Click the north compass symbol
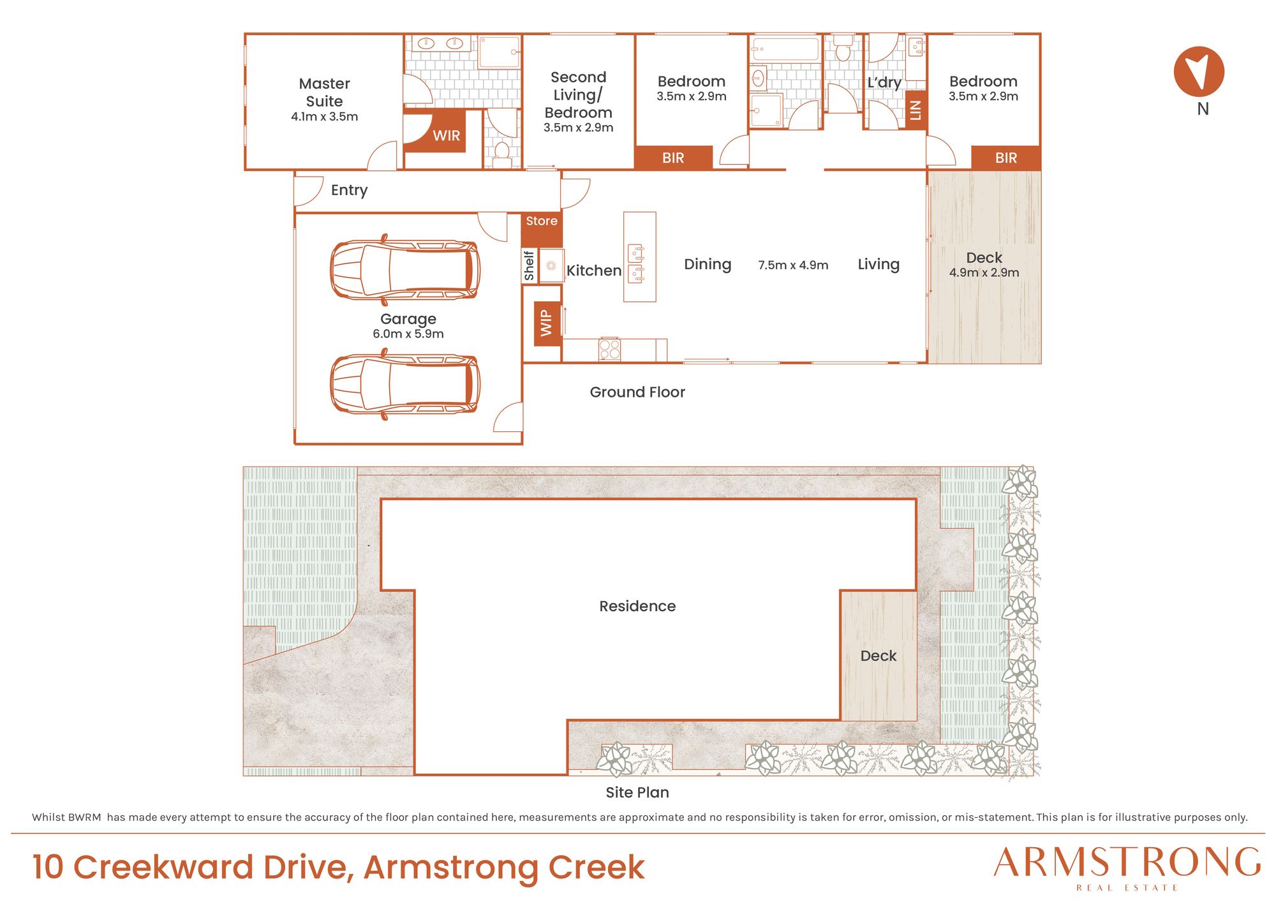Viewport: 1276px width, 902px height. [1199, 71]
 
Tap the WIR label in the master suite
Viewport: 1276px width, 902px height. [446, 136]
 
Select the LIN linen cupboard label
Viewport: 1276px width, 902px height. [916, 110]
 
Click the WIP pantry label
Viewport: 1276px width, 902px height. [546, 323]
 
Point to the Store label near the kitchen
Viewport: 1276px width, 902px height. [542, 221]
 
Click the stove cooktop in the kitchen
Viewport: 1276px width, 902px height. [609, 350]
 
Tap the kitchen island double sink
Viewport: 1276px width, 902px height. [636, 263]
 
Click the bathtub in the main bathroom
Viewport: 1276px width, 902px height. [785, 49]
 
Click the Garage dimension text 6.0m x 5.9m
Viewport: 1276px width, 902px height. [408, 334]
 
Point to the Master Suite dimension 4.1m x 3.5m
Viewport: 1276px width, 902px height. [324, 117]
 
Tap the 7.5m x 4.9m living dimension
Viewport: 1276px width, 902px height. [793, 265]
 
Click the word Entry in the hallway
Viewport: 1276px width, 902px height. [349, 190]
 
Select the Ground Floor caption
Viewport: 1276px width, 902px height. [637, 392]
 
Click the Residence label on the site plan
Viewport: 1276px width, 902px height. [637, 606]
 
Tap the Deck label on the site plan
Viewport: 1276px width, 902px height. [879, 656]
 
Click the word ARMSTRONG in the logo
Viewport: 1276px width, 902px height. [1127, 862]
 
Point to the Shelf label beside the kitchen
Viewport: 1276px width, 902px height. [529, 265]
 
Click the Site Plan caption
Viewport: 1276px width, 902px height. [637, 792]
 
